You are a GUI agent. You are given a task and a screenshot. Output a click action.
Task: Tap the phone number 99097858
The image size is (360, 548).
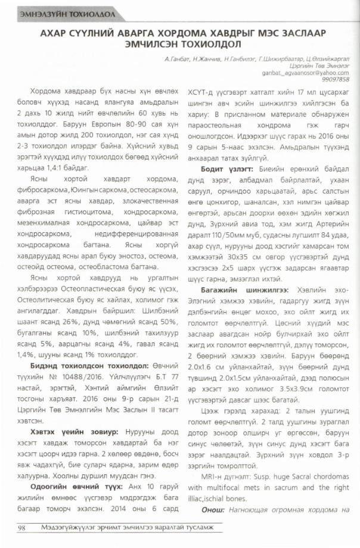[336, 79]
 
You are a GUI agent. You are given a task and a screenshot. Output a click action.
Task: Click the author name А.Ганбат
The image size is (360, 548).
[177, 60]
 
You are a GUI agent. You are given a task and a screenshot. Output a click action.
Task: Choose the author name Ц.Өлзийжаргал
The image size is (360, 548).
[326, 60]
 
